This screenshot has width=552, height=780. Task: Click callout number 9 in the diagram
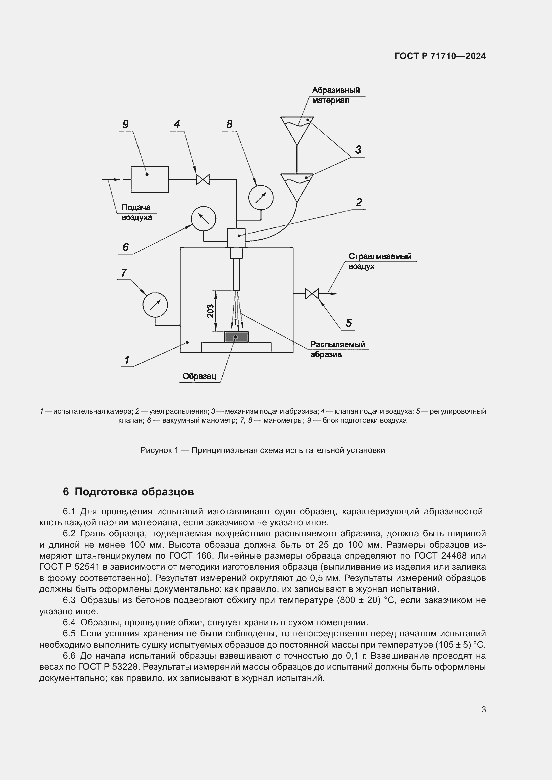point(125,124)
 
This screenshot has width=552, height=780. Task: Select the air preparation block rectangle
point(150,179)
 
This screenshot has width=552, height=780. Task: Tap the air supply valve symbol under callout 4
point(203,179)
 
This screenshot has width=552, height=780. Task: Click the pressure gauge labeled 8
point(261,197)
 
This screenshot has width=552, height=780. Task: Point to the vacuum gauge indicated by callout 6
point(203,218)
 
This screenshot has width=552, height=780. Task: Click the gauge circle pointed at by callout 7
point(155,304)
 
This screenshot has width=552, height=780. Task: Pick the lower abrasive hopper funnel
point(297,186)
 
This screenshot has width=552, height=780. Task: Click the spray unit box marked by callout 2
point(236,238)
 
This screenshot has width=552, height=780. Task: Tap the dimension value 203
point(210,311)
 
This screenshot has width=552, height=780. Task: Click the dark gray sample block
point(236,337)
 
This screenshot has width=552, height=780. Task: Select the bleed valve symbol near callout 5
point(312,293)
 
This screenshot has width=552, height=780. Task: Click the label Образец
point(199,376)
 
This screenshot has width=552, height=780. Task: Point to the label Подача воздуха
point(136,212)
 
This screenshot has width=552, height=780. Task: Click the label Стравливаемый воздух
point(380,261)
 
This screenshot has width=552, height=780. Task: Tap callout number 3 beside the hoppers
point(358,150)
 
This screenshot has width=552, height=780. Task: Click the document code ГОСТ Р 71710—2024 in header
point(440,56)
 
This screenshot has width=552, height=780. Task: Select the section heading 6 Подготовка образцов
point(128,492)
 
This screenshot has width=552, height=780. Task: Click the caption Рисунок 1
point(262,450)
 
